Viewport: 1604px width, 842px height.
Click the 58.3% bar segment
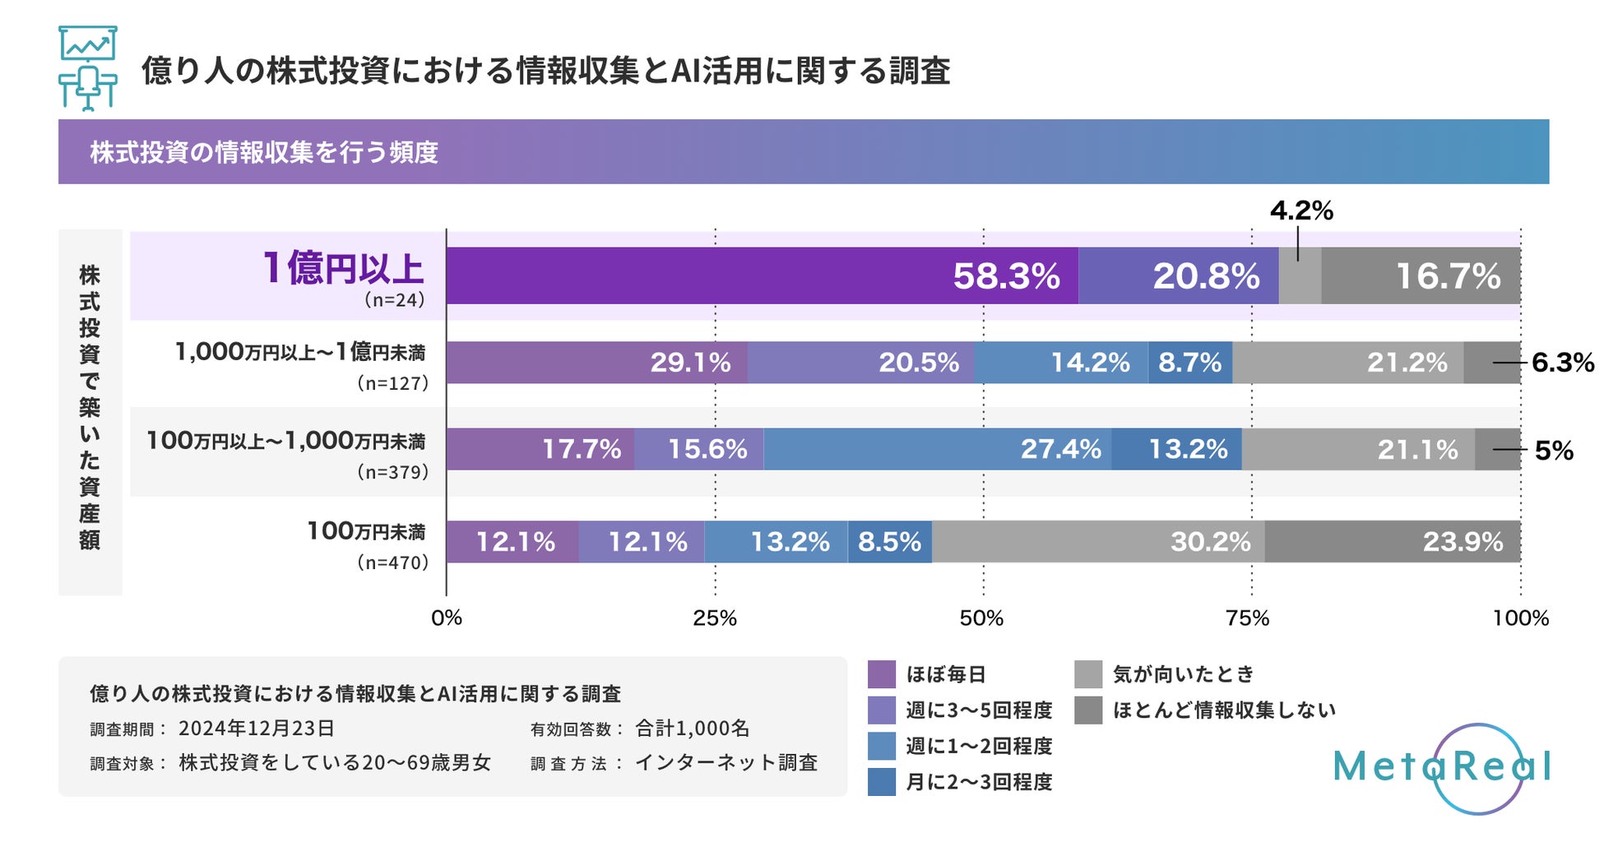(762, 275)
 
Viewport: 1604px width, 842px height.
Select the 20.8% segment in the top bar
(1178, 275)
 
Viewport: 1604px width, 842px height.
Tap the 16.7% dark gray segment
(1421, 275)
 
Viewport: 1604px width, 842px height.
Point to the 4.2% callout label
(1301, 210)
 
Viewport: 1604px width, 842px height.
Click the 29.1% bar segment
(596, 363)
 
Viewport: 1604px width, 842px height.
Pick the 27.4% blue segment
(937, 449)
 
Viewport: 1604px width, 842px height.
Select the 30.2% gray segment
(1098, 542)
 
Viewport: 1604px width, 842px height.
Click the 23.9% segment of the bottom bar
(1392, 542)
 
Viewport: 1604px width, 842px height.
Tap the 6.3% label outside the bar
(1562, 363)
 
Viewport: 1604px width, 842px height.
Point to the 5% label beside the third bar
(1554, 451)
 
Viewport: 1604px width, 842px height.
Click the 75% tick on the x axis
(1248, 618)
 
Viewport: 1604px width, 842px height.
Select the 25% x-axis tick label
(714, 618)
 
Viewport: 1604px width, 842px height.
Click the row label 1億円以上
(342, 268)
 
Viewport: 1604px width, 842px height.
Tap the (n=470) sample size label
(393, 562)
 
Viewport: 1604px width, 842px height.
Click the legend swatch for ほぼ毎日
(881, 674)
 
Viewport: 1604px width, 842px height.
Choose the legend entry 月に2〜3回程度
(978, 782)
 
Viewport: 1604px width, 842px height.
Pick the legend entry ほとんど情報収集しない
(1223, 710)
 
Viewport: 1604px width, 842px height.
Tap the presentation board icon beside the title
(87, 69)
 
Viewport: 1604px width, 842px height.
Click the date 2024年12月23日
(256, 729)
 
